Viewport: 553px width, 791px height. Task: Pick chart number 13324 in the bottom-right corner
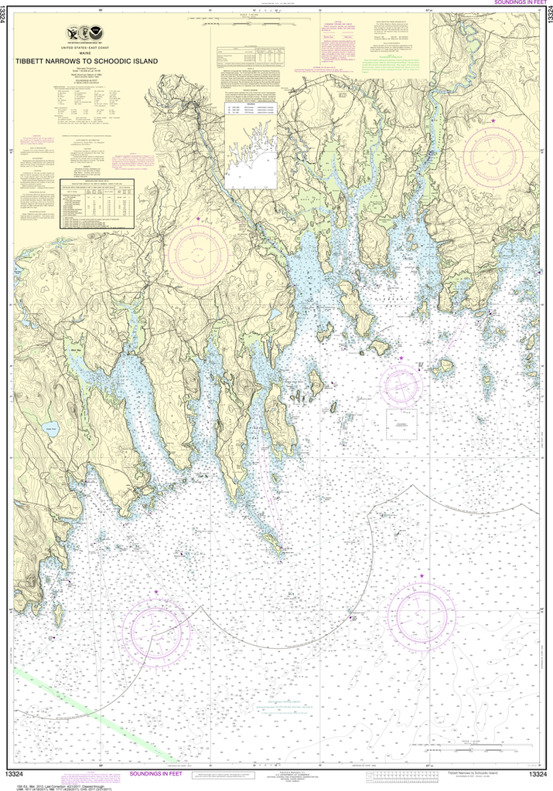coord(538,774)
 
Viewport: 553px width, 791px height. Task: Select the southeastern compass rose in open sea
coord(421,616)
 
